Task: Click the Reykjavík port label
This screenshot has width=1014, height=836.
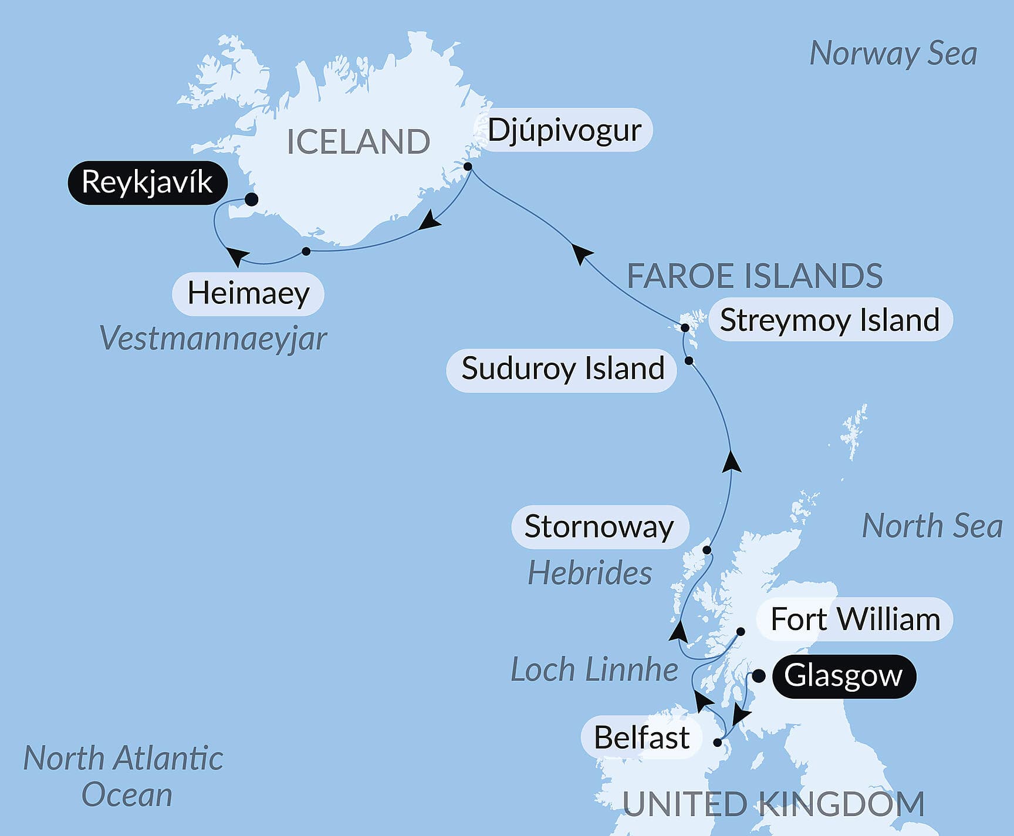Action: pyautogui.click(x=147, y=182)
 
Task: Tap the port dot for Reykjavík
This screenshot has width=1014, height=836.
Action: pyautogui.click(x=251, y=199)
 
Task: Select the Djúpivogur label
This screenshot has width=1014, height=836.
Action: pyautogui.click(x=564, y=130)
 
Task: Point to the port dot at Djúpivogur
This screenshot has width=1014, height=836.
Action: pyautogui.click(x=468, y=167)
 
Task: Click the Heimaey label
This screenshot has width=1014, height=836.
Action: pyautogui.click(x=248, y=293)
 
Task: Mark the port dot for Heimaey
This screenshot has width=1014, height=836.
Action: pyautogui.click(x=306, y=251)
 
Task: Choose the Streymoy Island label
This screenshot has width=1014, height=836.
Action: pyautogui.click(x=830, y=320)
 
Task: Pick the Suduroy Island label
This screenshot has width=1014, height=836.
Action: pyautogui.click(x=562, y=369)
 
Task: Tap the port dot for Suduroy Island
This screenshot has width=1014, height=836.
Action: pyautogui.click(x=689, y=361)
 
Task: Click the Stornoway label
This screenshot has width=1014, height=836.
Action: pyautogui.click(x=599, y=527)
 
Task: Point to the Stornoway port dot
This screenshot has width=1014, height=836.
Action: pyautogui.click(x=707, y=550)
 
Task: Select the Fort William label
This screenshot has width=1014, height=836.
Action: pyautogui.click(x=855, y=620)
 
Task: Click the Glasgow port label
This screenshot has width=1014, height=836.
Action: pyautogui.click(x=843, y=676)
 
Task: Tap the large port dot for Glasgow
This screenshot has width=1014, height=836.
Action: pyautogui.click(x=759, y=676)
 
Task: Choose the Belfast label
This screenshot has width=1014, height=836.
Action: pyautogui.click(x=641, y=737)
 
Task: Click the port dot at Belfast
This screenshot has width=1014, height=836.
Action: pyautogui.click(x=717, y=742)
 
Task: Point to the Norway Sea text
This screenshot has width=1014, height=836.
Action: pyautogui.click(x=893, y=54)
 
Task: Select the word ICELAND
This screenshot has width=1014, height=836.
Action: pyautogui.click(x=358, y=142)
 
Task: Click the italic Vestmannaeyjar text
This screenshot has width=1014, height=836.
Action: pyautogui.click(x=213, y=339)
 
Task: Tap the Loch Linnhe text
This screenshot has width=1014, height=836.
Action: pyautogui.click(x=594, y=669)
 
